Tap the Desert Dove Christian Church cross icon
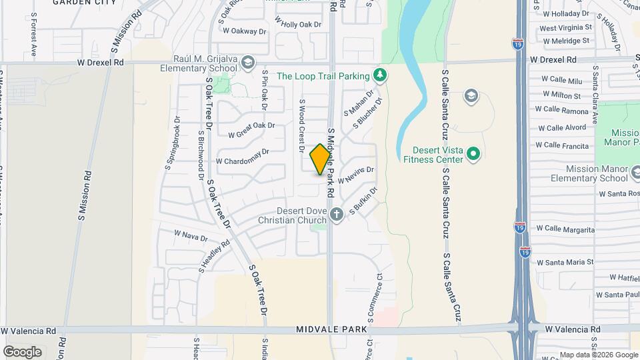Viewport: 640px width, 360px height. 337,214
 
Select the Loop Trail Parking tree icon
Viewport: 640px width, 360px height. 380,75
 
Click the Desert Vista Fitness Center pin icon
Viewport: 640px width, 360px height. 473,154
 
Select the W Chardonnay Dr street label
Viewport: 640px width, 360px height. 242,157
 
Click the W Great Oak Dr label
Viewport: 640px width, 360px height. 251,129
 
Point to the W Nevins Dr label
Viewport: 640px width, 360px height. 356,175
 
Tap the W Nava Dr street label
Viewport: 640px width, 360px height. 191,235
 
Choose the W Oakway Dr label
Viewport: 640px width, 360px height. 244,30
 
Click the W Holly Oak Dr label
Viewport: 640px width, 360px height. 297,24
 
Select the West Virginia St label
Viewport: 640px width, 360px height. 565,28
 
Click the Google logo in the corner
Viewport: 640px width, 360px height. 22,351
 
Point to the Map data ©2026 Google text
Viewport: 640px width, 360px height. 598,355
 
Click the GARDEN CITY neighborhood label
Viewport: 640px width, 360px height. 84,3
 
